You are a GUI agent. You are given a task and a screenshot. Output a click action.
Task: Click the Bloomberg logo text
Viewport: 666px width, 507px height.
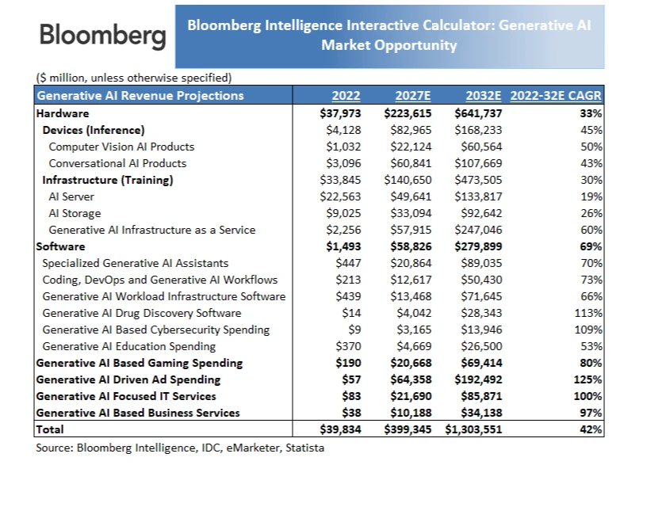(102, 36)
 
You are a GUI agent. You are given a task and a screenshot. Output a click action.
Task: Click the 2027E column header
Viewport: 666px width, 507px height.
(412, 96)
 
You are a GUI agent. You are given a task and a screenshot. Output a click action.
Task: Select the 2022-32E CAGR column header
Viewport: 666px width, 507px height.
(556, 96)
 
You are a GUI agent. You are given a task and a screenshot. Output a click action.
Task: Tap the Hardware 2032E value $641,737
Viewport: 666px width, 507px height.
(478, 113)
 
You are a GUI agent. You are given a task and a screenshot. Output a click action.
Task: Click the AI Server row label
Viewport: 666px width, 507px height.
(71, 196)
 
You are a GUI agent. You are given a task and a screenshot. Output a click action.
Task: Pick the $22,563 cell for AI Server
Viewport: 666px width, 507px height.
(340, 196)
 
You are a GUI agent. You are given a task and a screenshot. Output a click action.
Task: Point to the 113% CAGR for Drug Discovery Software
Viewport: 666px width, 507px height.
(588, 313)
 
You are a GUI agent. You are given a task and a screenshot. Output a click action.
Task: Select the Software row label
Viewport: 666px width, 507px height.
(58, 246)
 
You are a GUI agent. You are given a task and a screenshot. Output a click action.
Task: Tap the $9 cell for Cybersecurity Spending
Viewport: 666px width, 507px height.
(354, 330)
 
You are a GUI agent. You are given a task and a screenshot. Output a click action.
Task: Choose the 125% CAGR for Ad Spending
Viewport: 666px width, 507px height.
(588, 379)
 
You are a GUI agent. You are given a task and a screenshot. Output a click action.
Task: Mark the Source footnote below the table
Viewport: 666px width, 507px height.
(180, 448)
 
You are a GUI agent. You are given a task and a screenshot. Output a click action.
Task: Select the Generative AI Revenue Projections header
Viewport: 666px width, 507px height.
(140, 96)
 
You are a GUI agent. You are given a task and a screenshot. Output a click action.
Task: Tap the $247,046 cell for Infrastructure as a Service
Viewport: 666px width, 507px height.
(478, 230)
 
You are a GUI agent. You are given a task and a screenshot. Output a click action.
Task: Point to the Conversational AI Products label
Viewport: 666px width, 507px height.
(117, 163)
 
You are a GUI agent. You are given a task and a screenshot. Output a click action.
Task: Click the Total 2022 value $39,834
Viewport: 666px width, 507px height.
(340, 429)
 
